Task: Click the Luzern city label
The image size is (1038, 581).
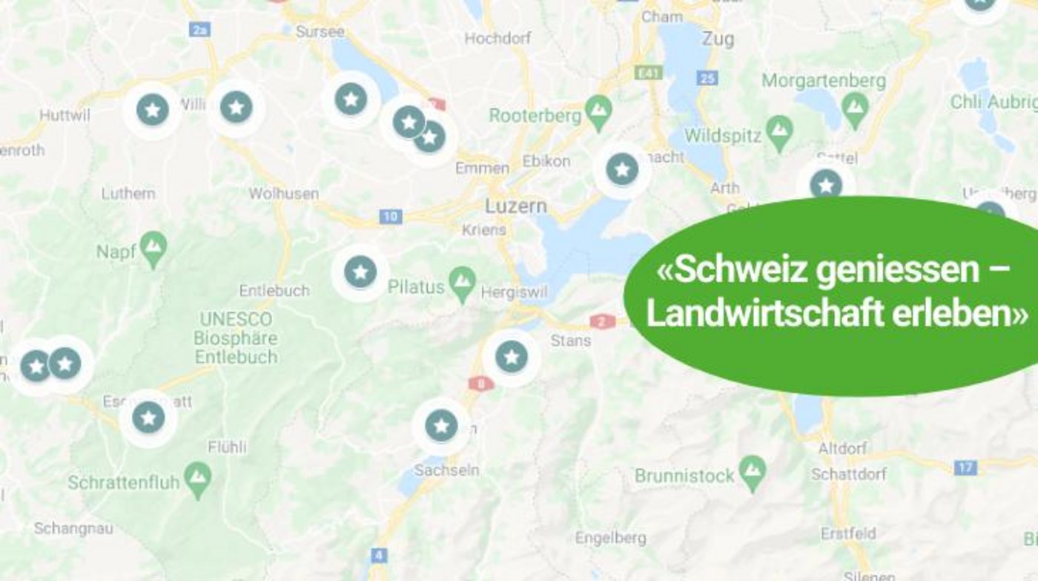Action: (x=516, y=206)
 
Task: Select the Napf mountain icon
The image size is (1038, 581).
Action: (x=153, y=249)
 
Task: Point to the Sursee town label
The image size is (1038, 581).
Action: (x=320, y=32)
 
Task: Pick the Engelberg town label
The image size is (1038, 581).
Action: (x=610, y=538)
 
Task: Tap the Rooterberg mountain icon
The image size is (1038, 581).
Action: (x=598, y=111)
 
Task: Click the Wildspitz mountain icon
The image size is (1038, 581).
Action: (x=778, y=132)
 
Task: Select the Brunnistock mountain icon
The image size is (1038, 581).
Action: (x=753, y=471)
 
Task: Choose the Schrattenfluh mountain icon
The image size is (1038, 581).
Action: (x=197, y=479)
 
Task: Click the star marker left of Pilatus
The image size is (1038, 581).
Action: (x=360, y=272)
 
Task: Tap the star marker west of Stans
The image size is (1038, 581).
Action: (x=511, y=357)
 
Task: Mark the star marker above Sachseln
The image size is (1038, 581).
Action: (x=441, y=426)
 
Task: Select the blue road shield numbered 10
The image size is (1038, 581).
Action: (x=390, y=217)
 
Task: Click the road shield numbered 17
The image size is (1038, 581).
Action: (x=965, y=467)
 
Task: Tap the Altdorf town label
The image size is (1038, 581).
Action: (x=842, y=449)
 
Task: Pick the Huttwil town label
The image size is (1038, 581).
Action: (x=65, y=116)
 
